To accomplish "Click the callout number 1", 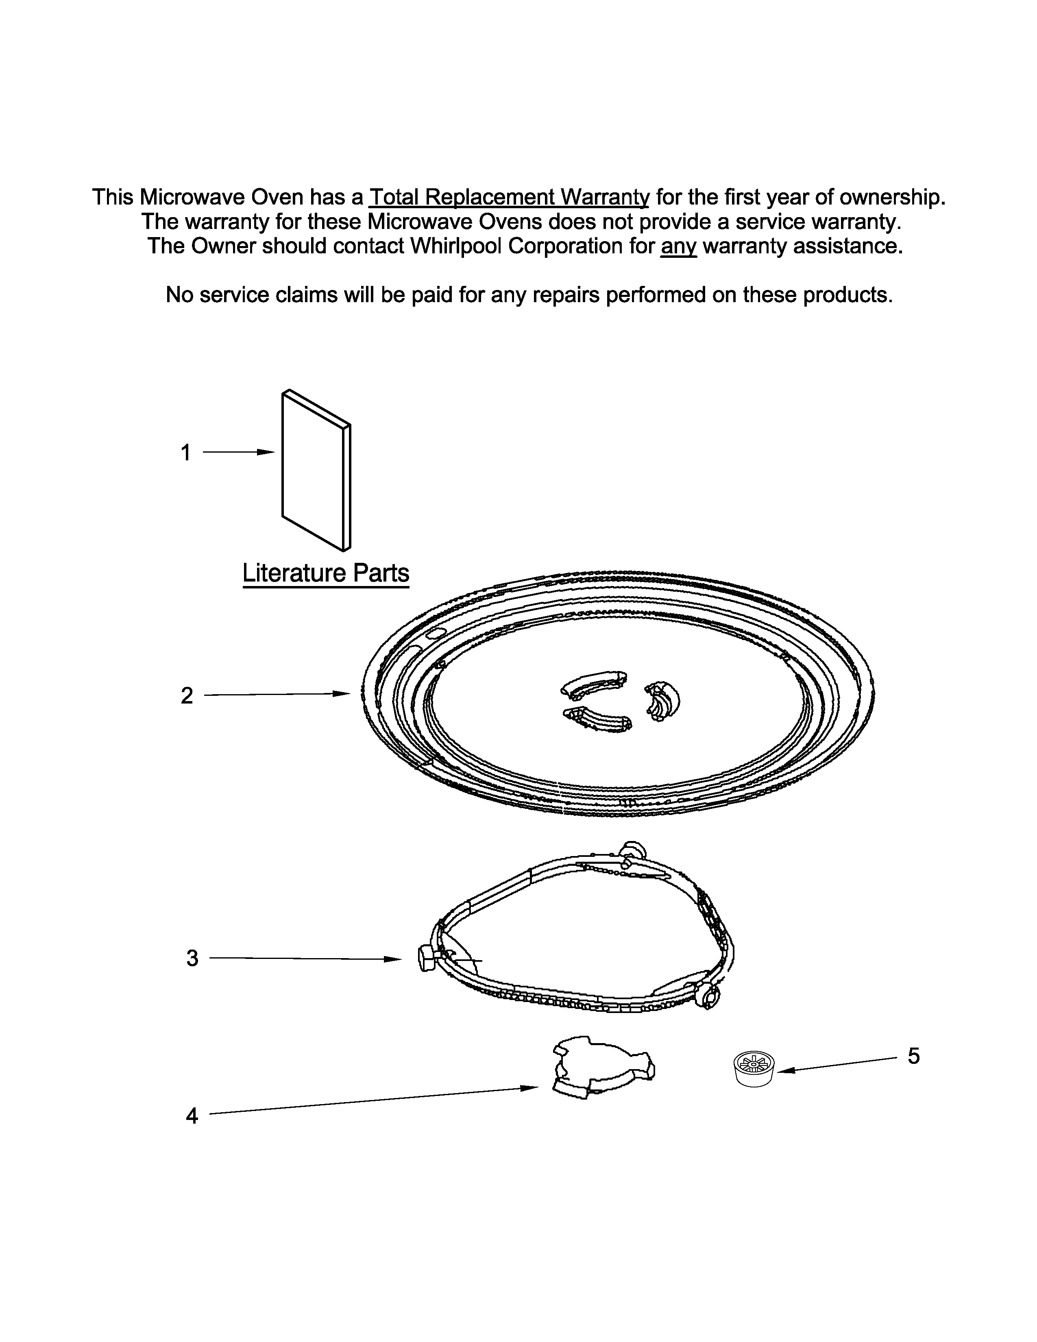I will (x=185, y=453).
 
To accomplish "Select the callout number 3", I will (x=192, y=958).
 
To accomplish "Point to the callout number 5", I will (x=913, y=1056).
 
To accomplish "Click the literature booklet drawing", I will (x=316, y=471).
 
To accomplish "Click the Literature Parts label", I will (x=326, y=573).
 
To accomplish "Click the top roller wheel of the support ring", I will (x=633, y=852).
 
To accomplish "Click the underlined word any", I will (x=678, y=246).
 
